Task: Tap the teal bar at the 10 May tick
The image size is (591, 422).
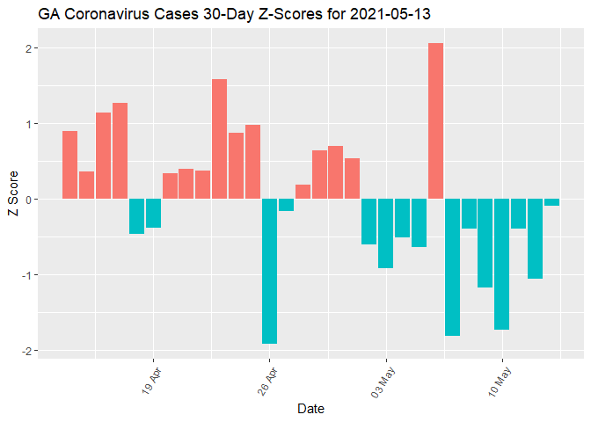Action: click(x=502, y=264)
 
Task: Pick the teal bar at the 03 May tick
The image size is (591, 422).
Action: click(x=385, y=233)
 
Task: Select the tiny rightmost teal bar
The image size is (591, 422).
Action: click(x=552, y=202)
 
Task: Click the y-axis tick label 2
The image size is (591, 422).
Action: click(x=29, y=48)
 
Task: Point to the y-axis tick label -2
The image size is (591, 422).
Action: click(x=27, y=351)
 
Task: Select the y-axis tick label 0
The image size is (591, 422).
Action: click(x=29, y=200)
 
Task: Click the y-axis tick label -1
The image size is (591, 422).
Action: click(x=27, y=275)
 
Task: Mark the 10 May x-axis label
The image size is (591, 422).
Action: click(x=498, y=376)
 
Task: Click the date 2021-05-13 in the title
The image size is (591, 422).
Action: click(x=386, y=15)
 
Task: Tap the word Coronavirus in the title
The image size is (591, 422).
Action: click(x=104, y=15)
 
